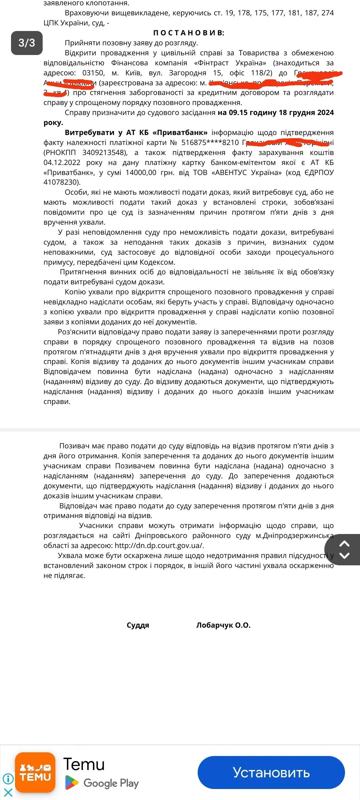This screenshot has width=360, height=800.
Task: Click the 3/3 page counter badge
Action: pos(27,43)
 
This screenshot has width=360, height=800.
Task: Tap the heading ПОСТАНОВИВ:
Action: pos(189,33)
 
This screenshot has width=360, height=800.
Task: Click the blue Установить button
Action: pos(271,772)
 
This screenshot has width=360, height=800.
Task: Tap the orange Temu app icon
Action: pos(35,772)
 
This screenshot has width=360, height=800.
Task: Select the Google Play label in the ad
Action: pos(111,783)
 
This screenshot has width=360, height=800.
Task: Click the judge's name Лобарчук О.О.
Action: pos(223,625)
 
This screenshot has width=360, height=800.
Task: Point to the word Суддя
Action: pos(138,625)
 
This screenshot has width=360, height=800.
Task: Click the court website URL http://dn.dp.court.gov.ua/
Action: pos(159,545)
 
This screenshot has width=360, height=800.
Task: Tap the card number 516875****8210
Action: pos(210,143)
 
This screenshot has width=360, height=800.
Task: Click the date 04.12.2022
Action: pos(62,163)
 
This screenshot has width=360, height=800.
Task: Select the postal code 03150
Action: pos(93,73)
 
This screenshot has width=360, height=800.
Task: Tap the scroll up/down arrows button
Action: pos(344,550)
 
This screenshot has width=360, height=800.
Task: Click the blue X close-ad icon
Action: pos(8,792)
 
